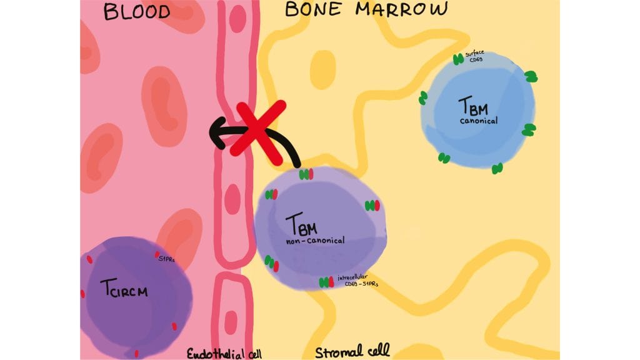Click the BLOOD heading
(136, 12)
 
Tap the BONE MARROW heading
(366, 9)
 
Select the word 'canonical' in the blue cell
(478, 121)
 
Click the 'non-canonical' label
(316, 240)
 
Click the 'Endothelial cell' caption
(224, 354)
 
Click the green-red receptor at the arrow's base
(306, 175)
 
